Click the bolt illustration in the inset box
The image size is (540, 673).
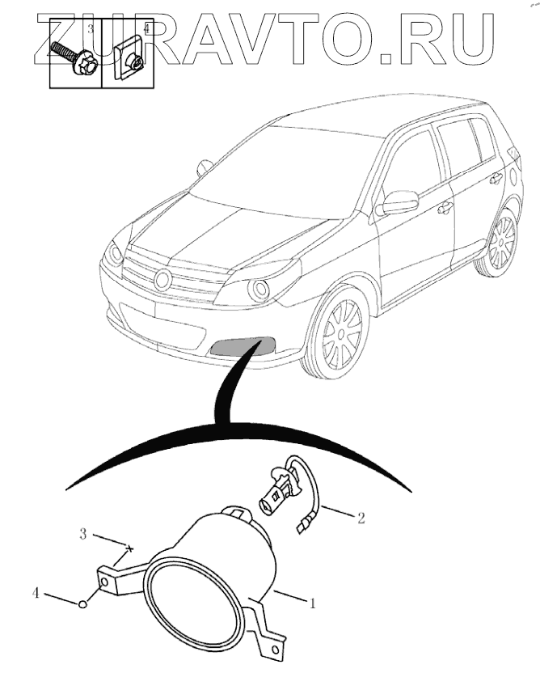point(74,58)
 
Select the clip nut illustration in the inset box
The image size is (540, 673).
point(130,58)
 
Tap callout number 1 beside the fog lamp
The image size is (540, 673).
point(313,603)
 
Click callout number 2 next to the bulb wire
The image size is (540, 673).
point(361,518)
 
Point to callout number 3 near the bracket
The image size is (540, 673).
point(83,535)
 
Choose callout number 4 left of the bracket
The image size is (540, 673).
point(36,594)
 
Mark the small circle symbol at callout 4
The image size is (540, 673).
point(82,605)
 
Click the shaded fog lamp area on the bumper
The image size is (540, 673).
point(243,345)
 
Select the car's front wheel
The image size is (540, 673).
point(340,332)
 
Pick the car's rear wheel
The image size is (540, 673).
point(502,242)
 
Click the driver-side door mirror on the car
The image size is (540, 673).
point(398,202)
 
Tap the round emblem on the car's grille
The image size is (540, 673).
point(163,279)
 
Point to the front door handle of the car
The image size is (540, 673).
point(444,209)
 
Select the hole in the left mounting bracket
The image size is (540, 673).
point(103,582)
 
